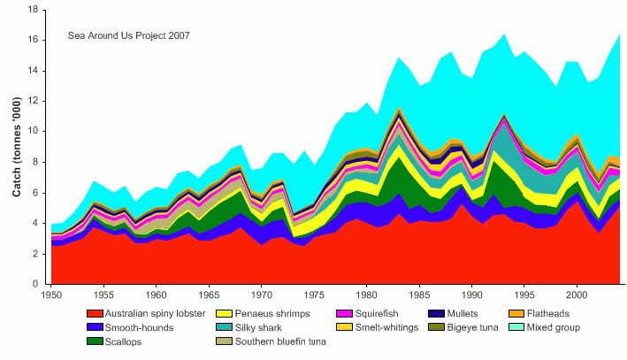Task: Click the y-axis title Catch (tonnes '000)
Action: pyautogui.click(x=16, y=147)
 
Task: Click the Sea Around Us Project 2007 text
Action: pyautogui.click(x=128, y=36)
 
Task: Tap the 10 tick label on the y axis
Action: pyautogui.click(x=31, y=132)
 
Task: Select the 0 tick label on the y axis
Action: pyautogui.click(x=34, y=284)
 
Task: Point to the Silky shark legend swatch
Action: pyautogui.click(x=226, y=327)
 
